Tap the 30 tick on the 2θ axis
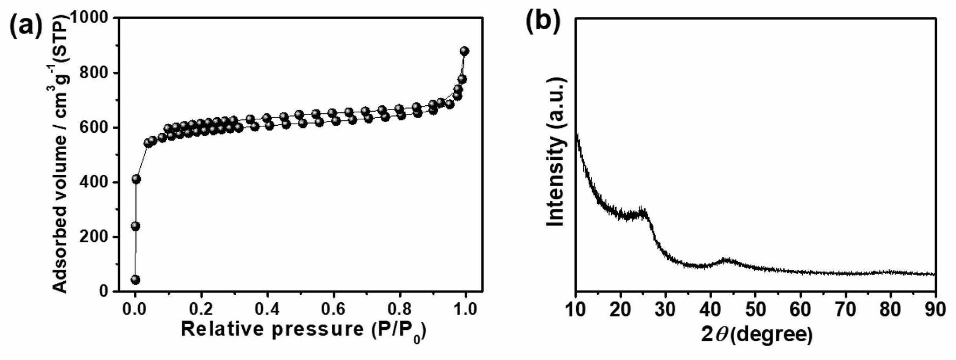[666, 309]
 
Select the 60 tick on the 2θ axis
[801, 309]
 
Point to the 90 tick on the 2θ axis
[935, 309]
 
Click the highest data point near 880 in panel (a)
[464, 51]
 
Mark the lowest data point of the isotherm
[135, 280]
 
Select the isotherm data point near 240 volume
[135, 226]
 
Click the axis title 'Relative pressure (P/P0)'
[303, 330]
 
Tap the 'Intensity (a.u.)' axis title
[556, 152]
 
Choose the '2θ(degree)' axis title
[757, 335]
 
